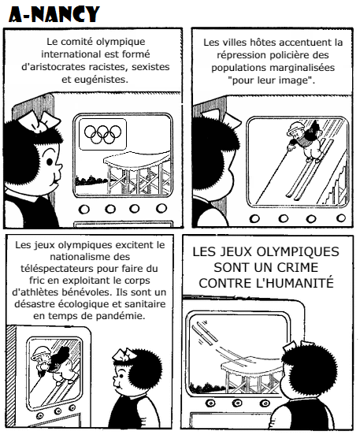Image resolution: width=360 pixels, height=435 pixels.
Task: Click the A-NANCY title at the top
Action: pos(54,14)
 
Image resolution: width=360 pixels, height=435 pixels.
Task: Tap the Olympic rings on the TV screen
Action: pos(103,135)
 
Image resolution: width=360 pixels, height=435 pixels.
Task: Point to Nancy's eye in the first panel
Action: pos(50,162)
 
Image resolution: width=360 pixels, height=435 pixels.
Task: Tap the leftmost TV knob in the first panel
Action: pos(84,209)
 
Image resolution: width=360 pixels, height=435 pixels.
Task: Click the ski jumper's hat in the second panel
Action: pos(295,128)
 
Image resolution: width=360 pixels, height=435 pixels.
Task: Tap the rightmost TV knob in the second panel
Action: pos(341,218)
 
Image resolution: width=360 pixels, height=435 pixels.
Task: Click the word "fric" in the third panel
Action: pos(37,281)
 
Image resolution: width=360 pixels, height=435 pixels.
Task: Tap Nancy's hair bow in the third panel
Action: pos(124,355)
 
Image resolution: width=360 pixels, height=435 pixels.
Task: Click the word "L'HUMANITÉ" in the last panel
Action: pos(295,283)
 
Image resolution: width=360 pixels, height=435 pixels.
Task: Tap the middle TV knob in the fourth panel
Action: pos(237,402)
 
